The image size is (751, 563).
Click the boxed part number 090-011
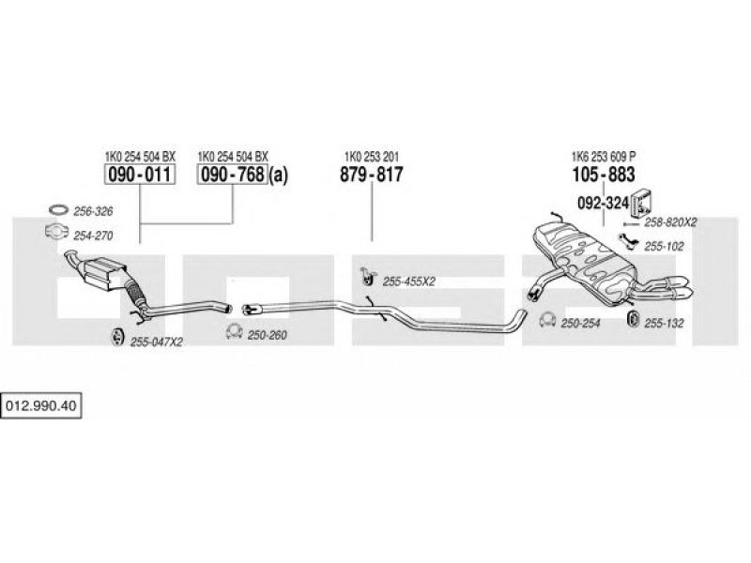tap(140, 175)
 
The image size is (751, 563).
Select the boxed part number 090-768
tap(232, 175)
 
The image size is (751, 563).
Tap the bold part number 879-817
tap(372, 175)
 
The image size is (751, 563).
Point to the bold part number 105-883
tap(604, 175)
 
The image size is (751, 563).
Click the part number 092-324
tap(603, 203)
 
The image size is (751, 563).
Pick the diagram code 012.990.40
tap(40, 406)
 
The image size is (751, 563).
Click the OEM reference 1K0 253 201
tap(372, 157)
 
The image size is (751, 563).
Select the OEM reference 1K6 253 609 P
tap(604, 157)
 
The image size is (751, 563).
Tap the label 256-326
tap(93, 211)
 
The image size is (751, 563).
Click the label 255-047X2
tap(157, 342)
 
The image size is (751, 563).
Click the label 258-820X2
tap(670, 222)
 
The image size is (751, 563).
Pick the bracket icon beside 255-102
tap(628, 242)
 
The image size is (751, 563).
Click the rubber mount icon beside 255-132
tap(633, 319)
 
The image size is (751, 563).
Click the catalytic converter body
tap(105, 272)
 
